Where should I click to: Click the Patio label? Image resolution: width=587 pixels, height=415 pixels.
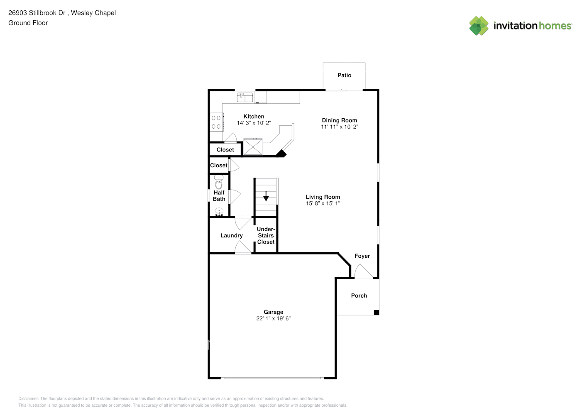pos(344,75)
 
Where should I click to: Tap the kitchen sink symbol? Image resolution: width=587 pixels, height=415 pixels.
pos(245,97)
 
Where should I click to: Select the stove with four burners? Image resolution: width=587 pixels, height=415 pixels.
pos(216,122)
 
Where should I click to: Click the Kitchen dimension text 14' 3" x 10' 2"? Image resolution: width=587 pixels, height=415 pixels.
pos(254,123)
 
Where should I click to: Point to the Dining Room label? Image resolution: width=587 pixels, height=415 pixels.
pos(339,120)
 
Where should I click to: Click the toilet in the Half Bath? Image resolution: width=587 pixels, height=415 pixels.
pos(219,182)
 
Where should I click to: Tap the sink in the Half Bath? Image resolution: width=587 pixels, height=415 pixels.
pos(219,212)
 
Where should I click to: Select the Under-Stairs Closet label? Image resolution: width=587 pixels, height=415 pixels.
pos(266,235)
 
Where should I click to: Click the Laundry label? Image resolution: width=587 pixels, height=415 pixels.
pos(231,235)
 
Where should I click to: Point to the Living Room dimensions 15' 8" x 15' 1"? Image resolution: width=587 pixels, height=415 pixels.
pos(323,203)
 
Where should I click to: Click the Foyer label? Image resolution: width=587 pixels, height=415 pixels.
pos(362,256)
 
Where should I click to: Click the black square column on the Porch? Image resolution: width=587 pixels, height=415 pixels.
pos(377,312)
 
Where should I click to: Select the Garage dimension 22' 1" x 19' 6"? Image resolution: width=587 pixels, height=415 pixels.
pos(273,318)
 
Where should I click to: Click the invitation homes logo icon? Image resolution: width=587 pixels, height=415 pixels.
pos(479,26)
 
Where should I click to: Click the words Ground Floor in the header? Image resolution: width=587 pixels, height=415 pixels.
pos(28,23)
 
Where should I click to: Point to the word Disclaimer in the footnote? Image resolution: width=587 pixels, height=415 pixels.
pos(28,398)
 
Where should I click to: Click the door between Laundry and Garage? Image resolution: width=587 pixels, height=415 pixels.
pos(243,248)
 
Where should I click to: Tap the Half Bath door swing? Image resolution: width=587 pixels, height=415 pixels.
pos(235,196)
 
